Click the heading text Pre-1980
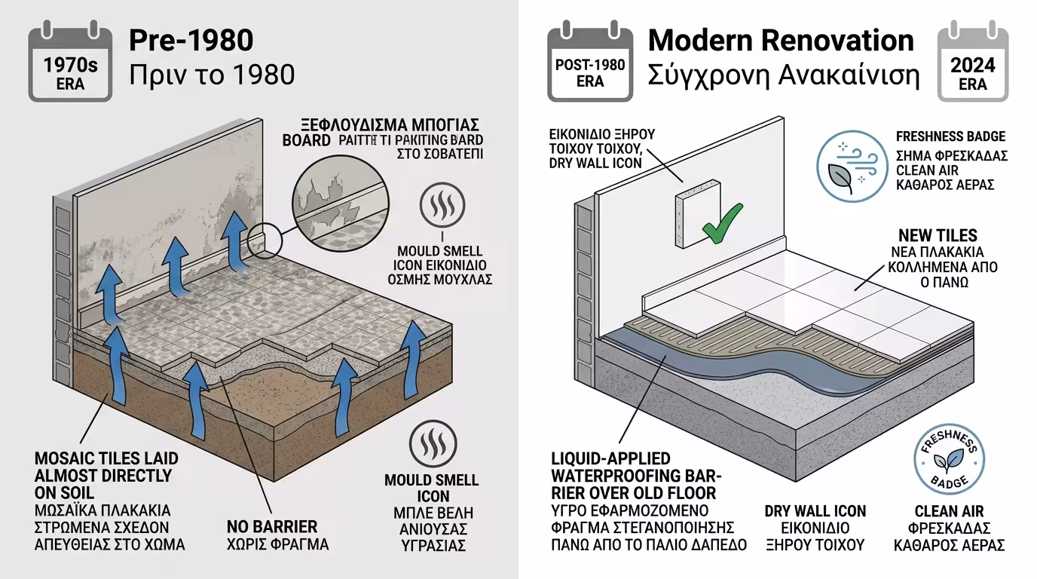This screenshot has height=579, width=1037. tap(191, 41)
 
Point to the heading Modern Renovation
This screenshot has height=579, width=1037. tap(781, 40)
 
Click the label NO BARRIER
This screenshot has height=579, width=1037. tap(272, 526)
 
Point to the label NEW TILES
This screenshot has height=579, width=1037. tap(938, 235)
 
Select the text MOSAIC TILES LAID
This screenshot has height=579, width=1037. tap(106, 458)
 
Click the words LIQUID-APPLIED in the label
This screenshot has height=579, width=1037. tap(610, 458)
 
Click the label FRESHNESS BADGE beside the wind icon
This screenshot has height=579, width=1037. tap(950, 136)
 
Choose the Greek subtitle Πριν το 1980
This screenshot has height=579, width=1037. tap(211, 75)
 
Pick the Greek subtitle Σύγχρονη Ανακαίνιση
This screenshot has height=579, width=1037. tap(784, 75)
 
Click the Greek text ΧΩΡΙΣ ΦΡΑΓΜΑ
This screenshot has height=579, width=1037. tap(277, 544)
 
